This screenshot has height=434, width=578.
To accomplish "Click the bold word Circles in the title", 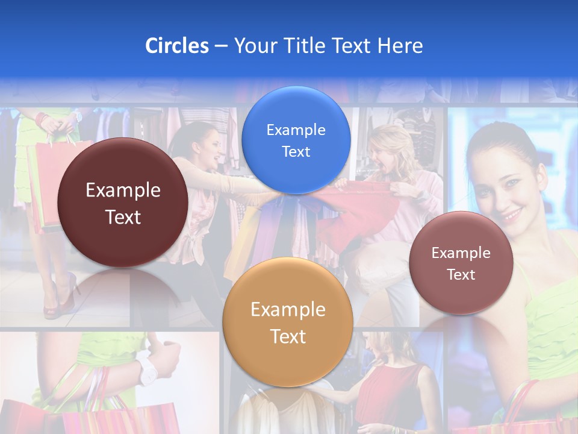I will coord(177,46).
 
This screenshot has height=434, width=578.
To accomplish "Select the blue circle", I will coord(296,140).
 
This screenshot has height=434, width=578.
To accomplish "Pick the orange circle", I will coord(287,322).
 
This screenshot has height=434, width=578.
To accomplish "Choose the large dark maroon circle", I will coord(122,203).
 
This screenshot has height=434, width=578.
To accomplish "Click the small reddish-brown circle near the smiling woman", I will coord(461,263).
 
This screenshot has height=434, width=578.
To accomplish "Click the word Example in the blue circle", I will coord(296,130).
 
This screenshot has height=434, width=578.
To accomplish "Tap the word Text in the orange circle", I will coord(288,336).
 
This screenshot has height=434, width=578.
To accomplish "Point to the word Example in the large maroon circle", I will coord(123,190).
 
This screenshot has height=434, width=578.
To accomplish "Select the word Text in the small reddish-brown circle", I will coord(461,275).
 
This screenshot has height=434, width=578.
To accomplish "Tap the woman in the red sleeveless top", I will coord(391,380).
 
